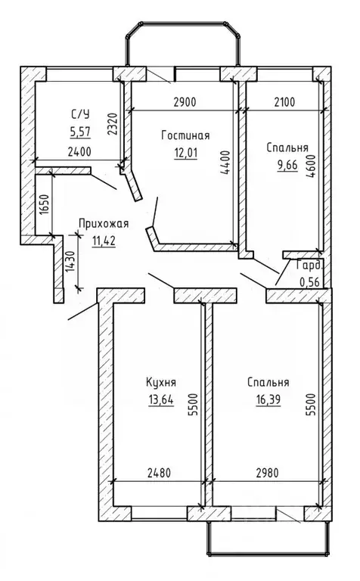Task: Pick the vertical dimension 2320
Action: [113, 123]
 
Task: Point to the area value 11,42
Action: [104, 241]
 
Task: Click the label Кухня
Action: [161, 383]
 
